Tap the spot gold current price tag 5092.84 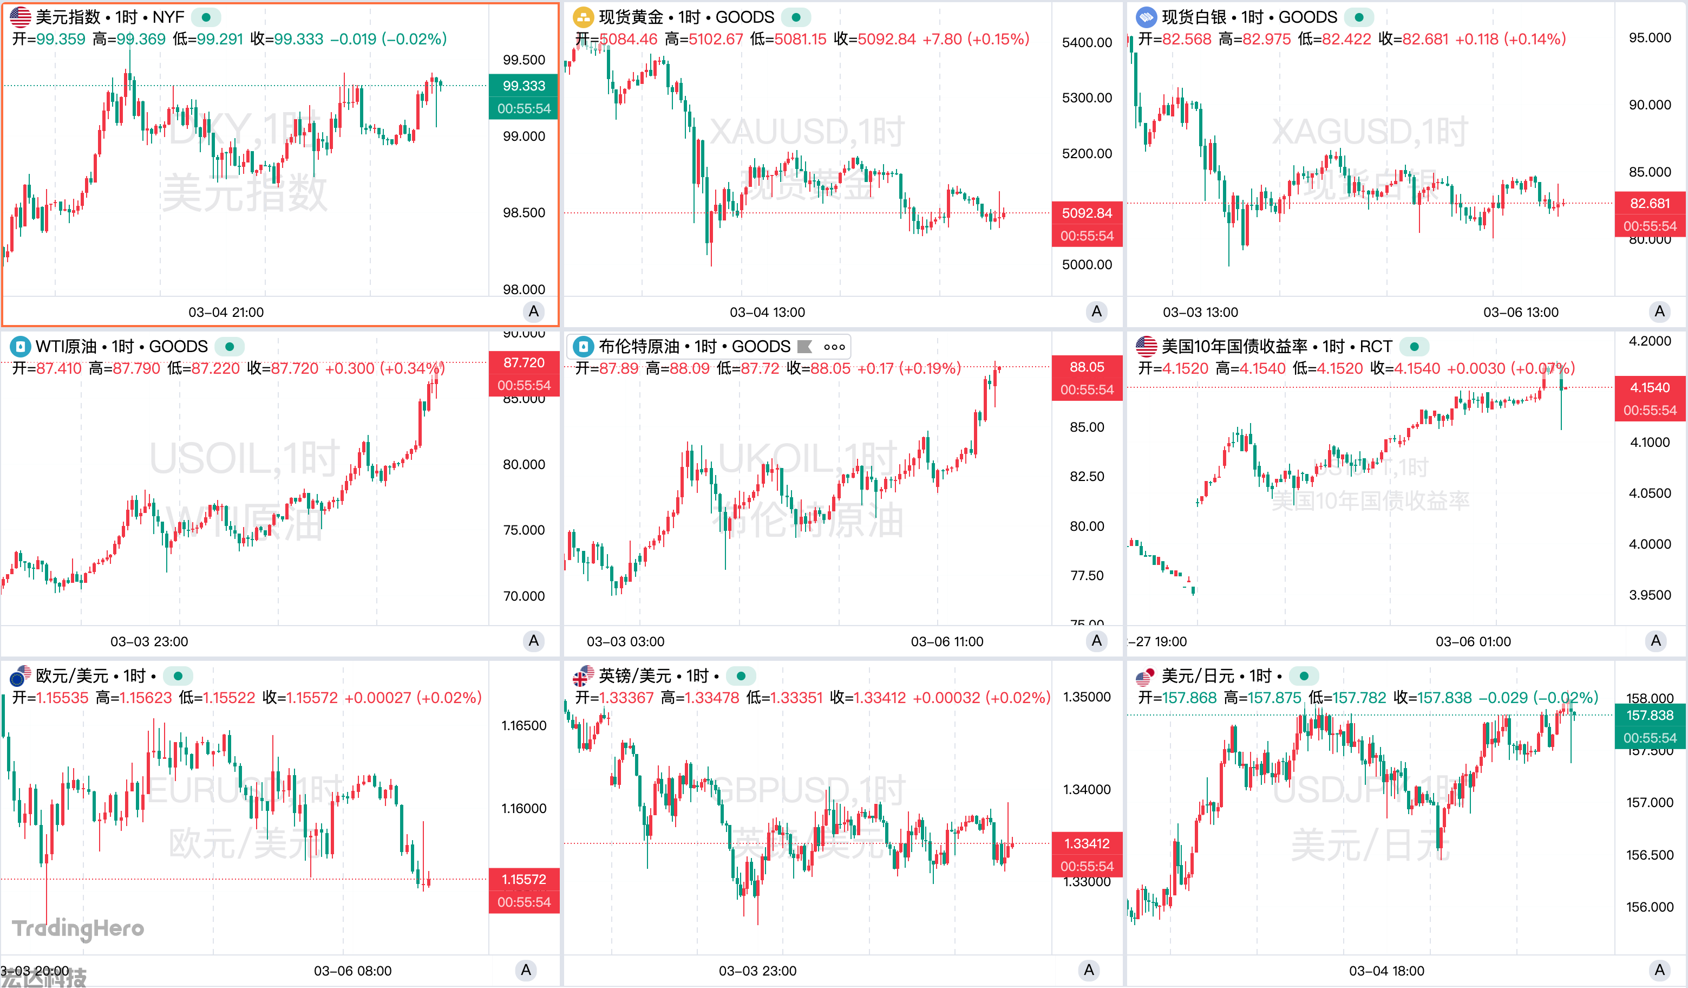1087,213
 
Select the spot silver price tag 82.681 1649,203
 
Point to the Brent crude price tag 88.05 1087,367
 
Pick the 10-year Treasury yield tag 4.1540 1649,387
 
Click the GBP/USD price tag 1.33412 1087,843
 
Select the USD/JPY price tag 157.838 1649,715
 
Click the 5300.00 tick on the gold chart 1087,98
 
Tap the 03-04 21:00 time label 226,313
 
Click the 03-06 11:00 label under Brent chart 946,641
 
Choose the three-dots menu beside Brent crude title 834,347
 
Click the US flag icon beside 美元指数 20,17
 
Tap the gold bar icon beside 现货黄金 583,17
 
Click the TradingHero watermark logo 78,928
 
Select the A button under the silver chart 1659,311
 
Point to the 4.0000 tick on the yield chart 1649,544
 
